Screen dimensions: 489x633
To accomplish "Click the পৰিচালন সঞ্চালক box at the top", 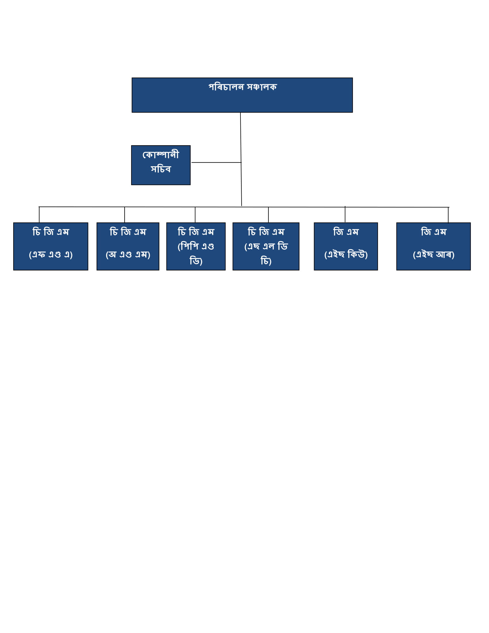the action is [x=242, y=95].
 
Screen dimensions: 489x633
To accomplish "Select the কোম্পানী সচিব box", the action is [x=161, y=165].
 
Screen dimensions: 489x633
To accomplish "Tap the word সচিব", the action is [x=161, y=169].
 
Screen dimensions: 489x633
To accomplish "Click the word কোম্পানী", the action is [x=161, y=155].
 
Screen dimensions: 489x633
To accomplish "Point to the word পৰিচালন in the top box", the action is [x=226, y=87].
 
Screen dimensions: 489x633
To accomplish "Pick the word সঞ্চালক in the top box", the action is [x=262, y=87].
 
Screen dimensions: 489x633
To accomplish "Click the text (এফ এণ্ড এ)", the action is [x=51, y=254].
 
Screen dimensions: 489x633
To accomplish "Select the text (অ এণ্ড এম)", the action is [x=128, y=254].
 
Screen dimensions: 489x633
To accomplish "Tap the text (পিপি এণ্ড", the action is [x=196, y=246].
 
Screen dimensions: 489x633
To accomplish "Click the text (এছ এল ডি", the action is [x=266, y=246].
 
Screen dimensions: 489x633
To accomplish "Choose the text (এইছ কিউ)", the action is [x=346, y=254].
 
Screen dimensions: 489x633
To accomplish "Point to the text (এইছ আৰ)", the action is [x=434, y=254].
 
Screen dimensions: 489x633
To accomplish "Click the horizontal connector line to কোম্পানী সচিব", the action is [x=216, y=162].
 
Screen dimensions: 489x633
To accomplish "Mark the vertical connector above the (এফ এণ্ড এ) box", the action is [x=39, y=215].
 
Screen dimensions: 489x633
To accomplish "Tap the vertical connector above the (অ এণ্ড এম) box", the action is [x=125, y=215].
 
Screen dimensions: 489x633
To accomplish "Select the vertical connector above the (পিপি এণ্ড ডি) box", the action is [x=195, y=215].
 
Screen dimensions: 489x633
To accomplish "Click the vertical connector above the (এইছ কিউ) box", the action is [x=345, y=214].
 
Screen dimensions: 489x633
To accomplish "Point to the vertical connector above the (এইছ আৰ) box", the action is [x=448, y=215].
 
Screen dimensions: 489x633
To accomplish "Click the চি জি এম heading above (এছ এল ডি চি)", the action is [x=266, y=232].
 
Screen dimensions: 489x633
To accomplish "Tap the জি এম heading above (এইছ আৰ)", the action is [x=434, y=232].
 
